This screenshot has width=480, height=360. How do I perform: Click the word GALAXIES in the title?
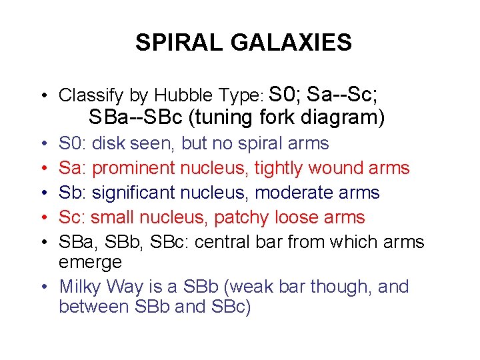click(291, 43)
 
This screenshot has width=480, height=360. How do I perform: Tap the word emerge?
click(90, 263)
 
